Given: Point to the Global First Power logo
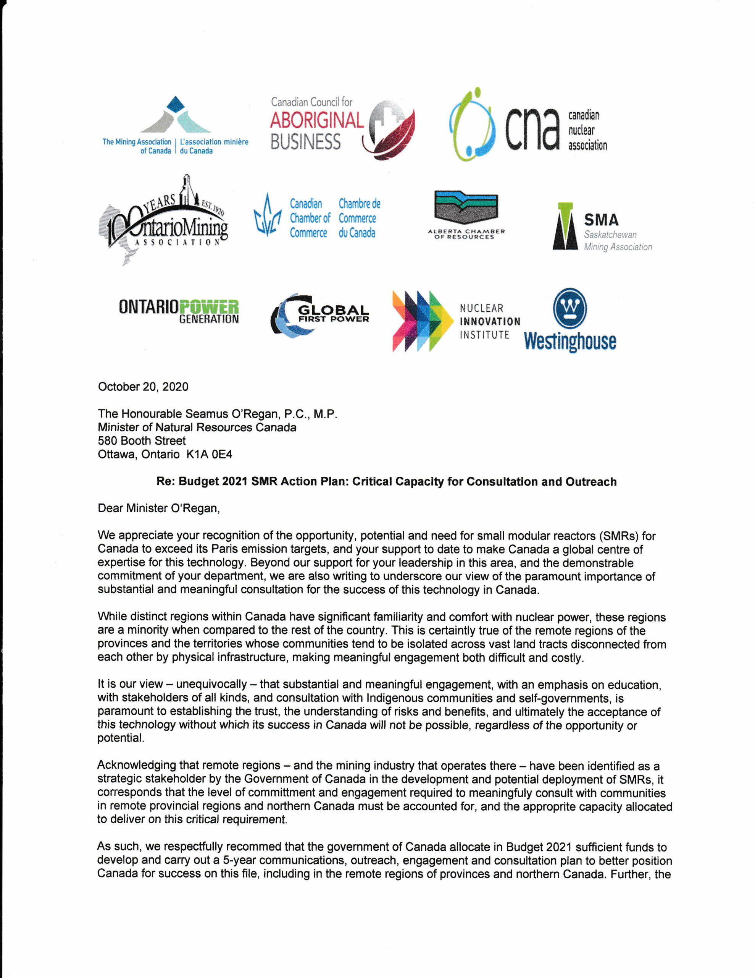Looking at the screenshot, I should pos(319,315).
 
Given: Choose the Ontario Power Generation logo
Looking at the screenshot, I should pos(179,312).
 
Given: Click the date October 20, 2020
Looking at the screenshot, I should pos(143,387).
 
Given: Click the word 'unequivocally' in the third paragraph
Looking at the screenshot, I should pos(211,684).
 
